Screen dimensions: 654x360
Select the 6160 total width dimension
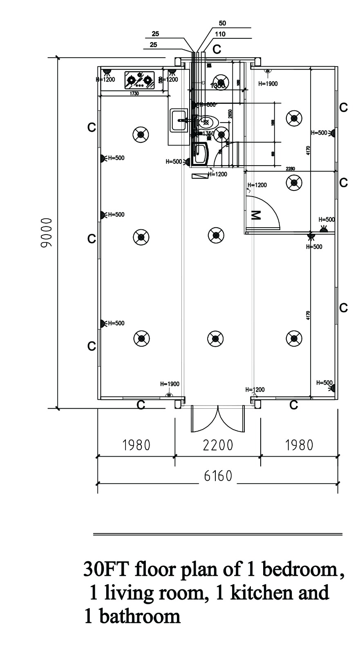click(x=217, y=476)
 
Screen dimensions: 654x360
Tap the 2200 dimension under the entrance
click(x=217, y=445)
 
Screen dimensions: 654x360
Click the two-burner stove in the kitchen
click(x=139, y=80)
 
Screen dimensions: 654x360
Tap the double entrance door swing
click(x=217, y=419)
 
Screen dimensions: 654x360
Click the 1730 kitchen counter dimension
click(x=134, y=94)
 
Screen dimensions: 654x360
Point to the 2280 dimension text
click(x=291, y=168)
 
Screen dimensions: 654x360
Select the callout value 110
click(x=220, y=34)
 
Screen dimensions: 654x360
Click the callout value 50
click(x=223, y=23)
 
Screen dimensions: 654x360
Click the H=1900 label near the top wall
click(x=268, y=84)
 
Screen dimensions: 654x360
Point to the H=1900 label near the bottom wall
click(x=170, y=384)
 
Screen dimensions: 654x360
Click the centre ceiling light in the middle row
click(x=216, y=235)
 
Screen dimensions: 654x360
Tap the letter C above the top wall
click(x=217, y=49)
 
